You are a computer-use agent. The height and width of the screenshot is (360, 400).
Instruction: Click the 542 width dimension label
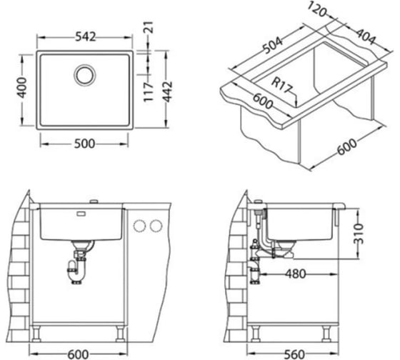point(86,37)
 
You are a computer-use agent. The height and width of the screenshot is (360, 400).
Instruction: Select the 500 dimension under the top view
point(84,144)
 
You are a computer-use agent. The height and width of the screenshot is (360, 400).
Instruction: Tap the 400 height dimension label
point(22,88)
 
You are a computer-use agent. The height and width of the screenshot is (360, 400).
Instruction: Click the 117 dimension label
point(149,91)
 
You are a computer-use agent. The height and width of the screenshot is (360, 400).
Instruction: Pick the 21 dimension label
point(149,27)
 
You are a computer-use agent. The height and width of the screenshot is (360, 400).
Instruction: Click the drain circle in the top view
point(85,75)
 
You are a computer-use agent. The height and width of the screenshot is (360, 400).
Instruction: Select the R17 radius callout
point(281,85)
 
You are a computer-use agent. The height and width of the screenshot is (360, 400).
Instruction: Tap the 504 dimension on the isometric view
point(273,46)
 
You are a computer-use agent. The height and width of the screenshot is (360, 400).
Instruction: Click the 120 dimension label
point(317,9)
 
